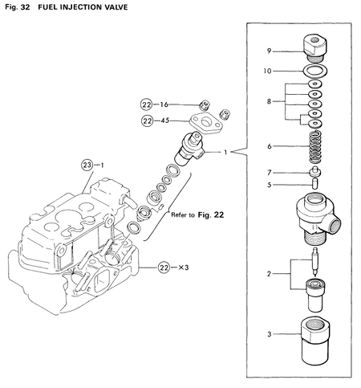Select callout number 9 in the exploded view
tap(270, 51)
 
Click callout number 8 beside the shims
tap(270, 101)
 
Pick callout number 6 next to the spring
tap(270, 146)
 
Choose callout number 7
tap(270, 172)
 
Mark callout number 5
tap(270, 184)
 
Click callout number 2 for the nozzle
tap(270, 274)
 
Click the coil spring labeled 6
tap(315, 145)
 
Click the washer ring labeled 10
tap(315, 71)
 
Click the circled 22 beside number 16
tap(146, 104)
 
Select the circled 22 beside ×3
tap(164, 268)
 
